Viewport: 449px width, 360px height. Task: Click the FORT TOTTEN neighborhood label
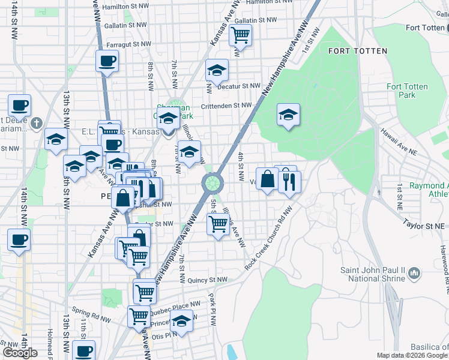point(358,51)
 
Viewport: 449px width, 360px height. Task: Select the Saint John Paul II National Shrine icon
point(414,274)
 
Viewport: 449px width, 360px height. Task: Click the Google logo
point(20,353)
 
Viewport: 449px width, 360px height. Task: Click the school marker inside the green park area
point(288,114)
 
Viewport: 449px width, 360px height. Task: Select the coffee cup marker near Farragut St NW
point(107,61)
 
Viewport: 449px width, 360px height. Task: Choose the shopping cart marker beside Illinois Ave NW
point(218,224)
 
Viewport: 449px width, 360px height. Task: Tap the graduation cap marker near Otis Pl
point(181,321)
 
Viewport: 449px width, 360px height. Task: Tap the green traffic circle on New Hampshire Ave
point(212,182)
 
